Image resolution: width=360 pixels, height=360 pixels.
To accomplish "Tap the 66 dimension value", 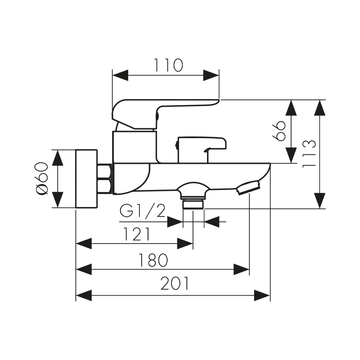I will click(280, 130).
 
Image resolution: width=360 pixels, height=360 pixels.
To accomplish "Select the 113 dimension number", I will click(309, 154).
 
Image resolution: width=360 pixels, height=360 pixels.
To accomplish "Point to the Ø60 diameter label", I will click(41, 178).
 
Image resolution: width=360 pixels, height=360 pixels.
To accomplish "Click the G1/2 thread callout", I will click(143, 211).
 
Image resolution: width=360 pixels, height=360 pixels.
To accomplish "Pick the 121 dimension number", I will click(135, 234).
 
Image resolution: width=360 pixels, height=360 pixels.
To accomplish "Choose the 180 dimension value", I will click(153, 260).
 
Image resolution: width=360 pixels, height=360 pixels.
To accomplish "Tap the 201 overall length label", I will click(175, 284).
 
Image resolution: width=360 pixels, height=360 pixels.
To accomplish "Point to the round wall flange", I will click(86, 179).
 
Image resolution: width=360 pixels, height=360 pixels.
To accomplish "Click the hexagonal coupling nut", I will click(104, 179).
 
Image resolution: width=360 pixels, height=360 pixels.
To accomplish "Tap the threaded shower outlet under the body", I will click(193, 204).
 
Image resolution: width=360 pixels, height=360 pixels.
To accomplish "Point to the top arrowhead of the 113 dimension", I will click(319, 108).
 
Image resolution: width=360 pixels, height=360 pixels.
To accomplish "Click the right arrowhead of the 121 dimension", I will click(185, 243).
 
